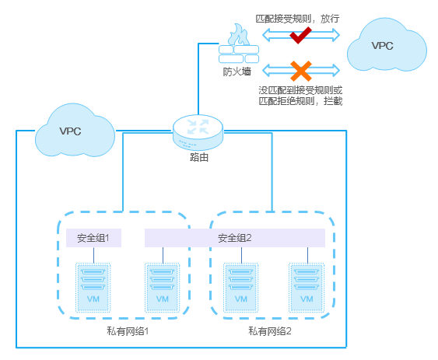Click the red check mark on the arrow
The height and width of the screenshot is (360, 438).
[x=300, y=35]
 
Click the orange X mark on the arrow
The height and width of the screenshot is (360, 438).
[x=301, y=71]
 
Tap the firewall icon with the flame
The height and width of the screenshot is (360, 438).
[x=239, y=44]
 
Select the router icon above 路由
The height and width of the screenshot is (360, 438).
[x=198, y=132]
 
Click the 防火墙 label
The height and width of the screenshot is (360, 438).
[x=237, y=72]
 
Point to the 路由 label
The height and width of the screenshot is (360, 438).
[x=199, y=157]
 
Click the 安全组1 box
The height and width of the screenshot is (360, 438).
[x=93, y=238]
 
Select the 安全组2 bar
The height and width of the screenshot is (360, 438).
[x=235, y=238]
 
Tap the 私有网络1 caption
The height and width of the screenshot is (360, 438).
[x=128, y=331]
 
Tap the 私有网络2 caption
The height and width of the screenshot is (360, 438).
[x=270, y=331]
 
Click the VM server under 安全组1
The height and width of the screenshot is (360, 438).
[x=93, y=288]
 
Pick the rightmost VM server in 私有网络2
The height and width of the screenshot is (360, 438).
[x=307, y=288]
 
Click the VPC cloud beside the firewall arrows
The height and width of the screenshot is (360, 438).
[x=387, y=45]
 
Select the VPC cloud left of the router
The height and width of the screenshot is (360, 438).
[x=75, y=131]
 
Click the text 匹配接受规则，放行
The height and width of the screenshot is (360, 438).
[x=297, y=19]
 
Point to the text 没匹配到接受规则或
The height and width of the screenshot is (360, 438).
[x=300, y=90]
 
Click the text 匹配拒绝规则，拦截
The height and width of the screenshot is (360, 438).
[x=300, y=101]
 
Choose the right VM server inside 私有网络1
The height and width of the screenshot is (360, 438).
[x=163, y=288]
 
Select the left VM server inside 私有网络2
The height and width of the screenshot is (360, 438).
[x=241, y=288]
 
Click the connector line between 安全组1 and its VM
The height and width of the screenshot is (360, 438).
[x=93, y=255]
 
